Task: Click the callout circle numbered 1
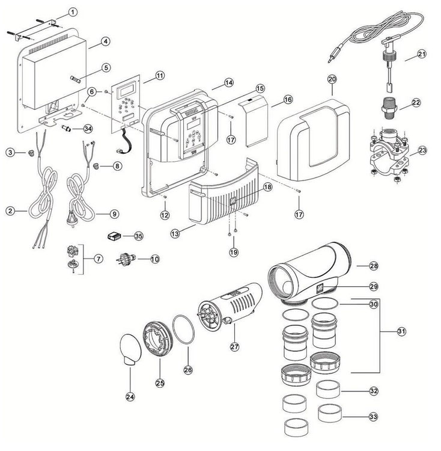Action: [x=73, y=12]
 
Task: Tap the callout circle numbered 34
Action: [x=88, y=129]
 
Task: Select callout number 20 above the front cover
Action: [x=332, y=79]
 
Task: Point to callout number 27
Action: [x=234, y=346]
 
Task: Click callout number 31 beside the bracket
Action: [x=401, y=331]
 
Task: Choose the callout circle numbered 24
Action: [x=130, y=397]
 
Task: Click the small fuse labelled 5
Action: [x=76, y=79]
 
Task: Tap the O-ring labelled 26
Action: [x=183, y=330]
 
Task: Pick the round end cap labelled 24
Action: [x=130, y=349]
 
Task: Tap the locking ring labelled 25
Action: [x=158, y=339]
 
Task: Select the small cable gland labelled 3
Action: [x=30, y=153]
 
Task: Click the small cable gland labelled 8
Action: [x=96, y=165]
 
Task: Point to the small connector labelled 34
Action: [x=66, y=127]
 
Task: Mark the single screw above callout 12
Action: [x=165, y=197]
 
